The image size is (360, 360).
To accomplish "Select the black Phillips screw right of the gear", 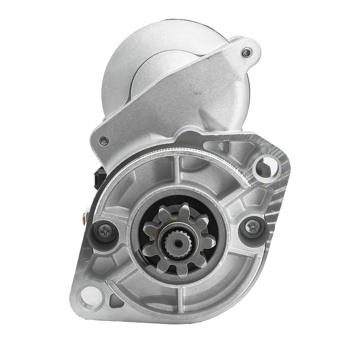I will point(251,227).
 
